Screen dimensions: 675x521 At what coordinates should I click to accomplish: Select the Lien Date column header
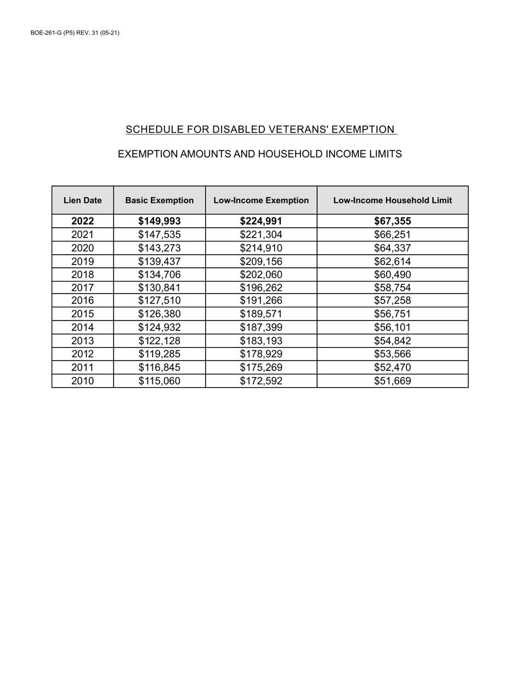click(x=83, y=200)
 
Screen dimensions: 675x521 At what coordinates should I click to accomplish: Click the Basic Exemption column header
click(x=160, y=200)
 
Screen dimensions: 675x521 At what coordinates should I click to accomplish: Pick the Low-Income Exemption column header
click(x=261, y=200)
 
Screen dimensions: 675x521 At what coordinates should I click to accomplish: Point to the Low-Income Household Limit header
click(x=393, y=200)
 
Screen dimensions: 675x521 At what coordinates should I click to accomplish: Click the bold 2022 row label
click(x=83, y=221)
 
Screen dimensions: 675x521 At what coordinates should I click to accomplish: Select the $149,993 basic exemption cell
click(x=160, y=221)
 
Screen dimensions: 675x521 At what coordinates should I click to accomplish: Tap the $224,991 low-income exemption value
click(x=261, y=221)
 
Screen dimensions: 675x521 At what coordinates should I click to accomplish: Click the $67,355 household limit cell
click(x=393, y=221)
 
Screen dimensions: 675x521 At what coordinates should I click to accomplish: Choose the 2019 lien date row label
click(x=83, y=261)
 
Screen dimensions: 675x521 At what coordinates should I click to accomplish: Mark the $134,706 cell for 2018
click(x=160, y=274)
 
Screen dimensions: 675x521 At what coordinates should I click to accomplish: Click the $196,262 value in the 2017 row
click(x=261, y=288)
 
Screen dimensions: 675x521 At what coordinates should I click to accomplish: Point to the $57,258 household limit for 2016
click(x=393, y=301)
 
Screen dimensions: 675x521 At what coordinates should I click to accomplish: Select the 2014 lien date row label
click(x=83, y=328)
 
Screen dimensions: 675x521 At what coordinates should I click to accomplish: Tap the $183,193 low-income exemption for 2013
click(x=261, y=341)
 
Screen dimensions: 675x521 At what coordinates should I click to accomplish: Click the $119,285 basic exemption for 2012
click(x=160, y=354)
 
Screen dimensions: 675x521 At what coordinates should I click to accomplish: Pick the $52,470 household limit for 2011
click(x=393, y=367)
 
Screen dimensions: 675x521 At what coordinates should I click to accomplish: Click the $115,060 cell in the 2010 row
click(x=160, y=381)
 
